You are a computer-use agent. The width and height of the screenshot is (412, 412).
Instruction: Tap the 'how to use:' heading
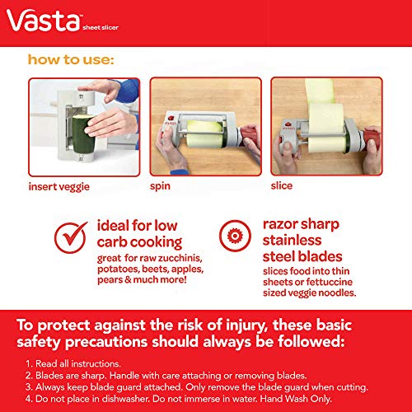[x=70, y=60]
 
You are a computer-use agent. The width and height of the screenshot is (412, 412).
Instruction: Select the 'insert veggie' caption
[x=59, y=186]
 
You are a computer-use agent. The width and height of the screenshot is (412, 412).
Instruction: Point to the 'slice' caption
[x=282, y=186]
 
